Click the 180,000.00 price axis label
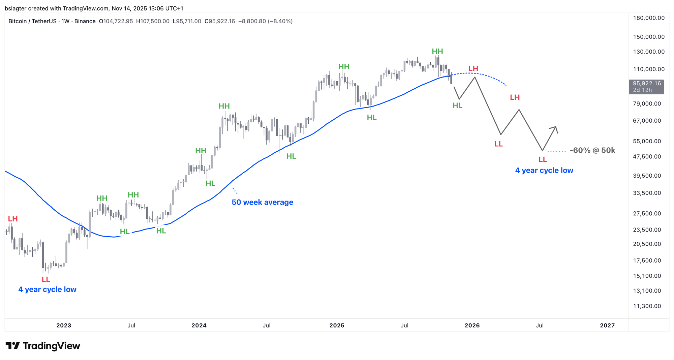649,18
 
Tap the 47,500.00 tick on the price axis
647,157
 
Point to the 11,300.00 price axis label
647,306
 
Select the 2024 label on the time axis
199,325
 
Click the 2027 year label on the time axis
607,325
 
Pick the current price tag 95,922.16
646,83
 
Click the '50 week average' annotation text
262,202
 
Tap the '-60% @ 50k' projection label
592,150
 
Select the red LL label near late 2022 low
46,279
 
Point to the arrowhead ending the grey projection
555,127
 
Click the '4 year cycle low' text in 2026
544,171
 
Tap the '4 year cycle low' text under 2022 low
47,290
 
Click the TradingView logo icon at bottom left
13,346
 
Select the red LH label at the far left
13,219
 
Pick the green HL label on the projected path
457,106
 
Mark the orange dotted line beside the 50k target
557,151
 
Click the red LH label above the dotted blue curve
473,69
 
